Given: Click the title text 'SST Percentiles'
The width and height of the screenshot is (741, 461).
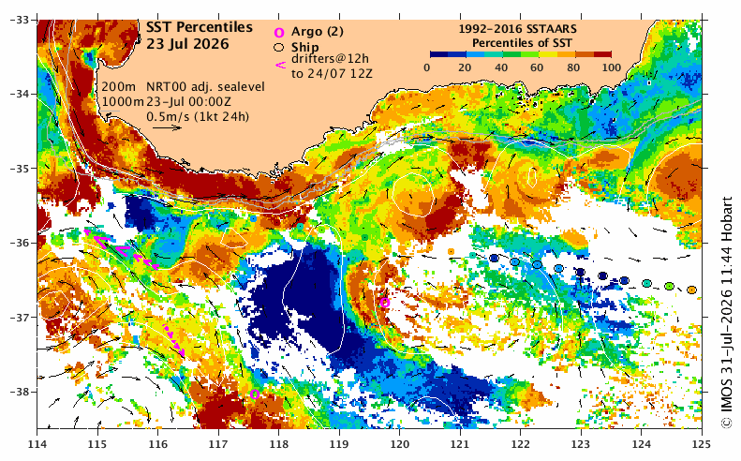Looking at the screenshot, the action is pos(199,27).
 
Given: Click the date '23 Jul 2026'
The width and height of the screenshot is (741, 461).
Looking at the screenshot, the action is pos(187,44).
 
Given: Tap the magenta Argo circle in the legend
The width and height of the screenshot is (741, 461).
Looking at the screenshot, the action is pos(279,33).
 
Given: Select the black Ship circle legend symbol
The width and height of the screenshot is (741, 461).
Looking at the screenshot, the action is pos(279,47).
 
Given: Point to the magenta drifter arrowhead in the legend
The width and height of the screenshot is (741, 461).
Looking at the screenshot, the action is pos(280,65).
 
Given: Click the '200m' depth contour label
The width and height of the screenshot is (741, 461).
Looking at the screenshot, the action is pos(119,87).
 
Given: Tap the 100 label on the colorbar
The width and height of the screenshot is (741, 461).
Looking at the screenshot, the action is pos(612,67).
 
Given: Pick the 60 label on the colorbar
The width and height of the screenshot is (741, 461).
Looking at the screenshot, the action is pos(537,67).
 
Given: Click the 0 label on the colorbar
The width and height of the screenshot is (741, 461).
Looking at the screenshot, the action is pos(427,67).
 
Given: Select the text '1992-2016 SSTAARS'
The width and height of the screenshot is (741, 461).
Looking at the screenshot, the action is pos(517,29).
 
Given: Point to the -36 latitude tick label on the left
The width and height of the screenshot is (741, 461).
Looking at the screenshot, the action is pos(21,243).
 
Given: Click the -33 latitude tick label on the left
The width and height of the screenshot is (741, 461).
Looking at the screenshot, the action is pos(21,20).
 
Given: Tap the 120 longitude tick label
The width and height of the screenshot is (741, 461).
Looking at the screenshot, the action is pos(399,444).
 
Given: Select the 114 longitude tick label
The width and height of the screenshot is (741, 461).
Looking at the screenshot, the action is pos(37,444).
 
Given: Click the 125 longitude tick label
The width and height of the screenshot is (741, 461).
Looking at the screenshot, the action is pos(702,444).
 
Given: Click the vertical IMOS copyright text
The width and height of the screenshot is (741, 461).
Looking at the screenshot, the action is pos(726,313).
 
